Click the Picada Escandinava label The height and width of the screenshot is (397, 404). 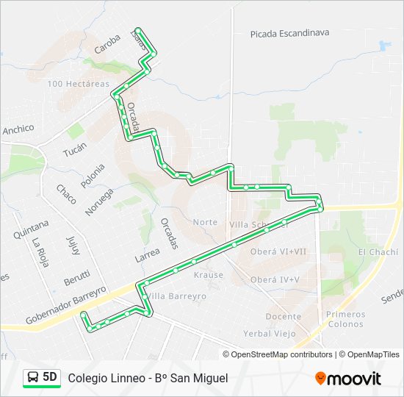pos(289,33)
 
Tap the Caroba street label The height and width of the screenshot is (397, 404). pos(107,45)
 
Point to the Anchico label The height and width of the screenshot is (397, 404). pos(18,129)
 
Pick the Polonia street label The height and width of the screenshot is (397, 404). pos(93,176)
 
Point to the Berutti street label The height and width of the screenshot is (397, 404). pos(76,279)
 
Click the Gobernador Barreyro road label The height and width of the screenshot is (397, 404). pos(66,305)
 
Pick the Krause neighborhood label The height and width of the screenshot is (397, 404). pos(208,275)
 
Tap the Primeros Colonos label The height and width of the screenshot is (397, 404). pos(345,319)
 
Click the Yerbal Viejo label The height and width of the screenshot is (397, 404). pos(270,333)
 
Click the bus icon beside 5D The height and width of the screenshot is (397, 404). pos(33,377)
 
